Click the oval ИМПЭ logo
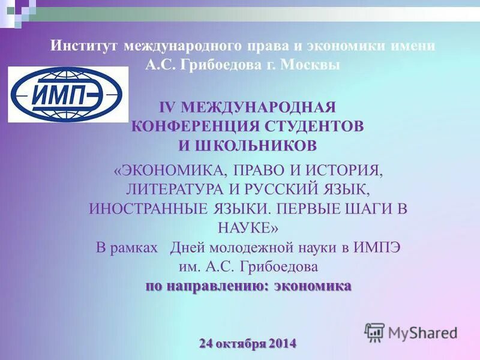pos(68,94)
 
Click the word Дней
pos(185,247)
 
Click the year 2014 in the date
pos(283,344)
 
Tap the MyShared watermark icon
pos(374,332)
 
